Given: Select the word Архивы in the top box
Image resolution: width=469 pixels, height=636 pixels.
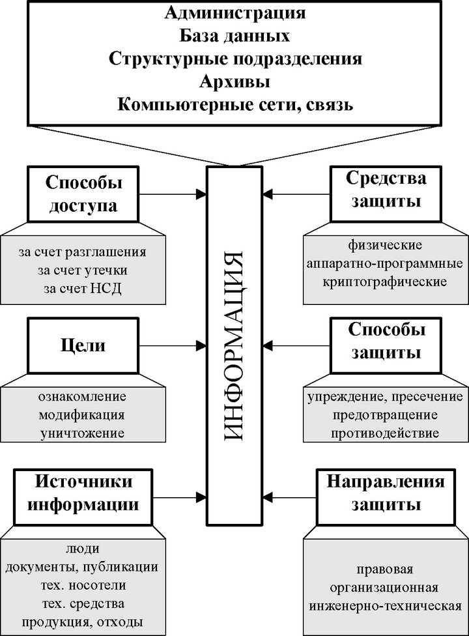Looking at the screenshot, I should [234, 83].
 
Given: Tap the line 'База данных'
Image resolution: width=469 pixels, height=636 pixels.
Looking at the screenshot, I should [234, 35].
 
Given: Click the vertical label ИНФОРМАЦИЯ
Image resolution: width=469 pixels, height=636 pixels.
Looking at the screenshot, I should [234, 345].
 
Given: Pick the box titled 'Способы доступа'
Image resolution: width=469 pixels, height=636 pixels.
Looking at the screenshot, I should [85, 194].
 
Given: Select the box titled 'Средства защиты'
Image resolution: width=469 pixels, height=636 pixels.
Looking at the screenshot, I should [386, 190].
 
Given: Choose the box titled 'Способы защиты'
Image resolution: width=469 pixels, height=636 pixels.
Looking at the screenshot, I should [386, 341].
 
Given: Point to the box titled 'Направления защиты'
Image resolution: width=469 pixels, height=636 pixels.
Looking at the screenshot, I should [386, 493].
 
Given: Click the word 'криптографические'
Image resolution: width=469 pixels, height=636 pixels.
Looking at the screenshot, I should [384, 282].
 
